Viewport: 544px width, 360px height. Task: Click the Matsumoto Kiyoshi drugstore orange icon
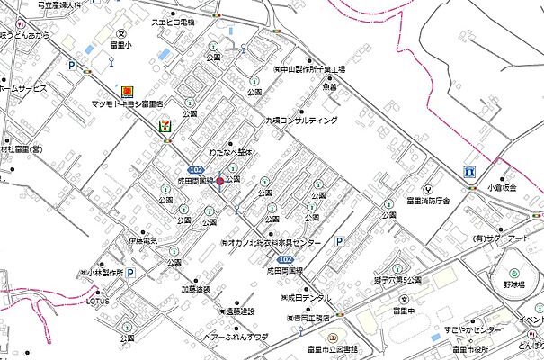(128, 92)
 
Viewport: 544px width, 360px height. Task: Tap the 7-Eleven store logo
(165, 128)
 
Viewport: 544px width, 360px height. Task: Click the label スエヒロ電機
(173, 21)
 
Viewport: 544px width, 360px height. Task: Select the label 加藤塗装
(195, 289)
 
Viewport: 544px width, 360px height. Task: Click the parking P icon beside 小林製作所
(129, 272)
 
